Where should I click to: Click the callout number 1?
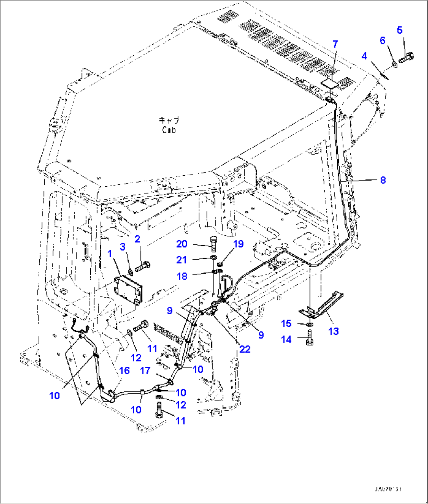pyautogui.click(x=110, y=254)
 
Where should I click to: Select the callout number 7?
pyautogui.click(x=335, y=44)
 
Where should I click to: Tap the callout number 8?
pyautogui.click(x=383, y=180)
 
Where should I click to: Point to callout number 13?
pyautogui.click(x=333, y=331)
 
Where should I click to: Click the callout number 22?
pyautogui.click(x=245, y=349)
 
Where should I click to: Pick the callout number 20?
pyautogui.click(x=182, y=244)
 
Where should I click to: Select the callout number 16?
pyautogui.click(x=124, y=371)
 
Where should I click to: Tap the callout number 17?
pyautogui.click(x=145, y=370)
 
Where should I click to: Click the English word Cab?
pyautogui.click(x=168, y=129)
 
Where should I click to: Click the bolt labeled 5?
pyautogui.click(x=407, y=58)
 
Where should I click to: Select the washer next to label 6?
pyautogui.click(x=395, y=64)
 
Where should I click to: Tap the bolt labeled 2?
pyautogui.click(x=143, y=268)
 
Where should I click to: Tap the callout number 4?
pyautogui.click(x=364, y=56)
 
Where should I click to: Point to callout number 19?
pyautogui.click(x=238, y=244)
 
